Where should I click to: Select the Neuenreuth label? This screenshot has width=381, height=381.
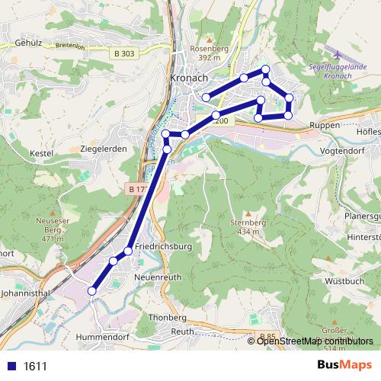coord(158,277)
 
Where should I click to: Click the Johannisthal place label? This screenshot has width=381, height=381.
coord(26,291)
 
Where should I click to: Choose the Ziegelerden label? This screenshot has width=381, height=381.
coord(103,149)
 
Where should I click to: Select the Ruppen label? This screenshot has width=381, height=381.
coord(325,125)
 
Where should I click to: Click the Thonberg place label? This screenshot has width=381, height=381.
coord(168,317)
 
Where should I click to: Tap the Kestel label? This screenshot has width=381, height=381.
coord(40,153)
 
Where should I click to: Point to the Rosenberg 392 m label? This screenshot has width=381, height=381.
coord(210,52)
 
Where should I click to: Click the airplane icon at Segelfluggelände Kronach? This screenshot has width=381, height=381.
coord(338,55)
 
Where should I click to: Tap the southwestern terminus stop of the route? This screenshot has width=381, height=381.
coord(92,290)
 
